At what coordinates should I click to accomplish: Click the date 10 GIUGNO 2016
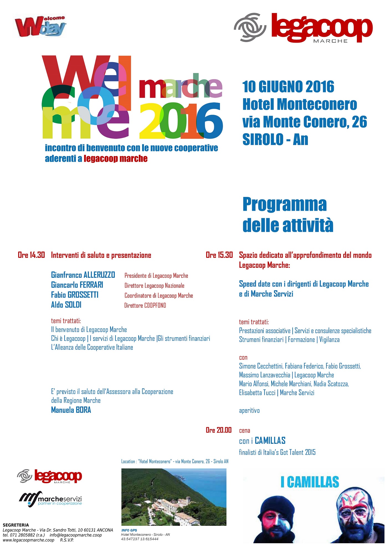pyautogui.click(x=288, y=87)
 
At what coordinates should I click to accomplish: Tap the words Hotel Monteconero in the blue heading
pyautogui.click(x=300, y=105)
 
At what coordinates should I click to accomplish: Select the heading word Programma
pyautogui.click(x=285, y=204)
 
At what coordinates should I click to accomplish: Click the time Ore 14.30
pyautogui.click(x=31, y=255)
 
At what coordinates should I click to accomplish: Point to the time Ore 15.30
pyautogui.click(x=219, y=255)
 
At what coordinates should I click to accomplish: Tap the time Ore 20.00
pyautogui.click(x=219, y=430)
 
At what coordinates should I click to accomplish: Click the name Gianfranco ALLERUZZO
pyautogui.click(x=83, y=275)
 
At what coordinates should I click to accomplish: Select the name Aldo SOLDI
pyautogui.click(x=66, y=305)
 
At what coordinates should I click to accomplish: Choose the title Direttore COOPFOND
pyautogui.click(x=145, y=306)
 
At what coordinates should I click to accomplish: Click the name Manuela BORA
pyautogui.click(x=71, y=410)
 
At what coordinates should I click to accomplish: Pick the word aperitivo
pyautogui.click(x=249, y=411)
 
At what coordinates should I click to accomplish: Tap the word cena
pyautogui.click(x=245, y=431)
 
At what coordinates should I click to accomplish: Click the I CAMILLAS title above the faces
pyautogui.click(x=310, y=482)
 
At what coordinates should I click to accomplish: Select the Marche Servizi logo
pyautogui.click(x=51, y=499)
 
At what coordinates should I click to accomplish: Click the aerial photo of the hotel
pyautogui.click(x=174, y=497)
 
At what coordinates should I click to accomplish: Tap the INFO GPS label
pyautogui.click(x=129, y=530)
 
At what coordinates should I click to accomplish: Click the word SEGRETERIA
pyautogui.click(x=16, y=525)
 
